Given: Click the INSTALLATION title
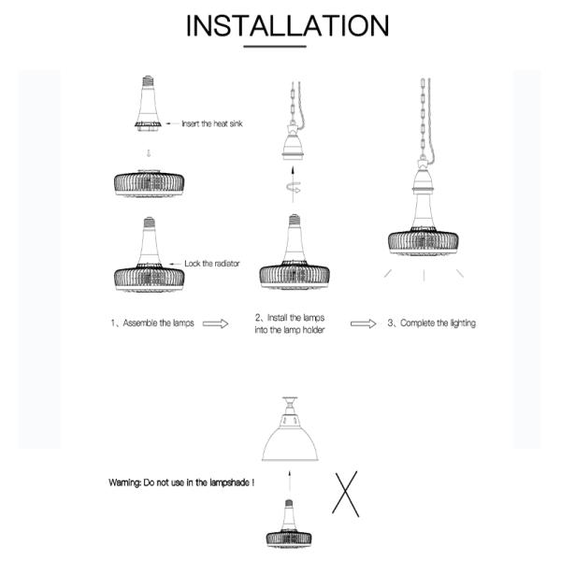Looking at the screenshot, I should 286,25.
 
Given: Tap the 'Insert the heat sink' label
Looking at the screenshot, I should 212,123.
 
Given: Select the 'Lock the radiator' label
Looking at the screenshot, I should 211,264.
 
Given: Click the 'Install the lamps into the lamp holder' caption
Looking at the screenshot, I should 290,324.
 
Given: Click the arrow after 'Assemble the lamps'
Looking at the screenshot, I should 216,324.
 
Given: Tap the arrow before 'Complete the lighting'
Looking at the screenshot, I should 364,324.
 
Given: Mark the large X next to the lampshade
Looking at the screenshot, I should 347,493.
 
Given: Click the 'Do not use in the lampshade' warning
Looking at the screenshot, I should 181,483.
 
